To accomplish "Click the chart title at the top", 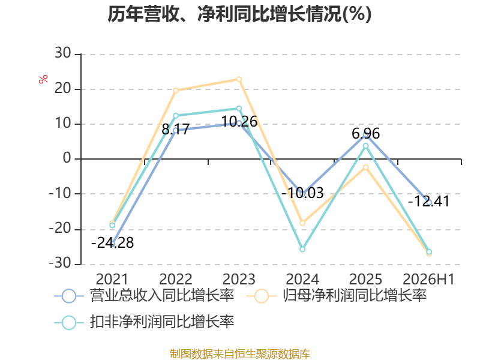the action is click(239, 14).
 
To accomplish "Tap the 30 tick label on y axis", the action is click(63, 53).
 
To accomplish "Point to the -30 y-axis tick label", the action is click(60, 263).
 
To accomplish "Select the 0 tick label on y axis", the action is click(67, 158).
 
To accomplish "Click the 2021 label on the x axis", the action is click(112, 279).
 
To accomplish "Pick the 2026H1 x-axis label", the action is click(429, 279).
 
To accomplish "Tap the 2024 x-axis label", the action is click(302, 279).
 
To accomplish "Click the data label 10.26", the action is click(239, 122).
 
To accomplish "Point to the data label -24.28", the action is click(113, 243).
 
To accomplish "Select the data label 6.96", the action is click(366, 133).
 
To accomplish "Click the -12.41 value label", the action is click(429, 202).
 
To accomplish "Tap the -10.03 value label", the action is click(302, 193).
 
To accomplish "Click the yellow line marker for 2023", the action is click(239, 80).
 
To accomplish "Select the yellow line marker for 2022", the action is click(176, 91).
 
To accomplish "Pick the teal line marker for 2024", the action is click(302, 249).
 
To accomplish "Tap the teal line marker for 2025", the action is click(366, 146).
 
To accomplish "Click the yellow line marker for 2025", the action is click(366, 167).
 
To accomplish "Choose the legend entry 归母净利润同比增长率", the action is click(337, 296).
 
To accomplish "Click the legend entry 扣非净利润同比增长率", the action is click(144, 322).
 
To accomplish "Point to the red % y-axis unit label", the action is click(43, 79).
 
